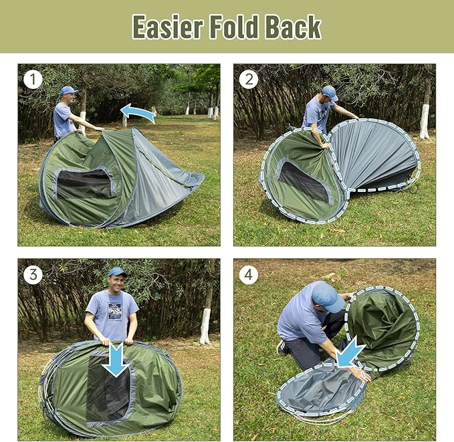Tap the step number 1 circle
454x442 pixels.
pos(33,80)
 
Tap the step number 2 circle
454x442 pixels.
pos(249,80)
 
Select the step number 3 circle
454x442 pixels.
pos(33,275)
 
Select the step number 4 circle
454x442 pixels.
pos(249,275)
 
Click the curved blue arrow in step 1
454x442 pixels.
pos(138,112)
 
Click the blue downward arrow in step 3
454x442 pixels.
pos(116,359)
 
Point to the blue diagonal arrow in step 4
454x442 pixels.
pos(350,352)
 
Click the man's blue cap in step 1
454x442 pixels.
pos(68,90)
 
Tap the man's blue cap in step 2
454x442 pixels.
pos(330,92)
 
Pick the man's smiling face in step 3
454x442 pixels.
pos(117,282)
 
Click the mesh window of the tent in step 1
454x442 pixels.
pos(83,183)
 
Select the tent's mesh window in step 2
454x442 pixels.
pos(304,181)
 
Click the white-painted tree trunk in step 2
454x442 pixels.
pos(425,120)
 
